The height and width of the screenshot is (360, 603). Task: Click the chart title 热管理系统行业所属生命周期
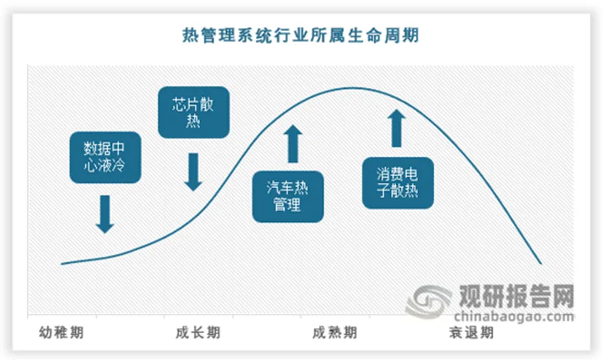pyautogui.click(x=301, y=35)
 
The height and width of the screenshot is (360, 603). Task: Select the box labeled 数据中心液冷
pyautogui.click(x=105, y=158)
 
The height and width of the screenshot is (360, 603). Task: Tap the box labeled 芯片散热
pyautogui.click(x=193, y=112)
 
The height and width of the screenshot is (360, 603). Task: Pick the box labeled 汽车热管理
pyautogui.click(x=288, y=196)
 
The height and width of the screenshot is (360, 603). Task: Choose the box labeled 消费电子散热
pyautogui.click(x=397, y=182)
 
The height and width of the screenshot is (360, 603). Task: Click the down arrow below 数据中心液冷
pyautogui.click(x=105, y=213)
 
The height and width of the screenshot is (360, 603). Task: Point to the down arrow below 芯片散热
pyautogui.click(x=193, y=172)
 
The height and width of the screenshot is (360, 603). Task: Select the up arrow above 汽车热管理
pyautogui.click(x=292, y=144)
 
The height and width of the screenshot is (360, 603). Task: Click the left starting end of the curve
pyautogui.click(x=63, y=264)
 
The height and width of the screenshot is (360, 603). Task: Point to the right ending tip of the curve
pyautogui.click(x=541, y=264)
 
